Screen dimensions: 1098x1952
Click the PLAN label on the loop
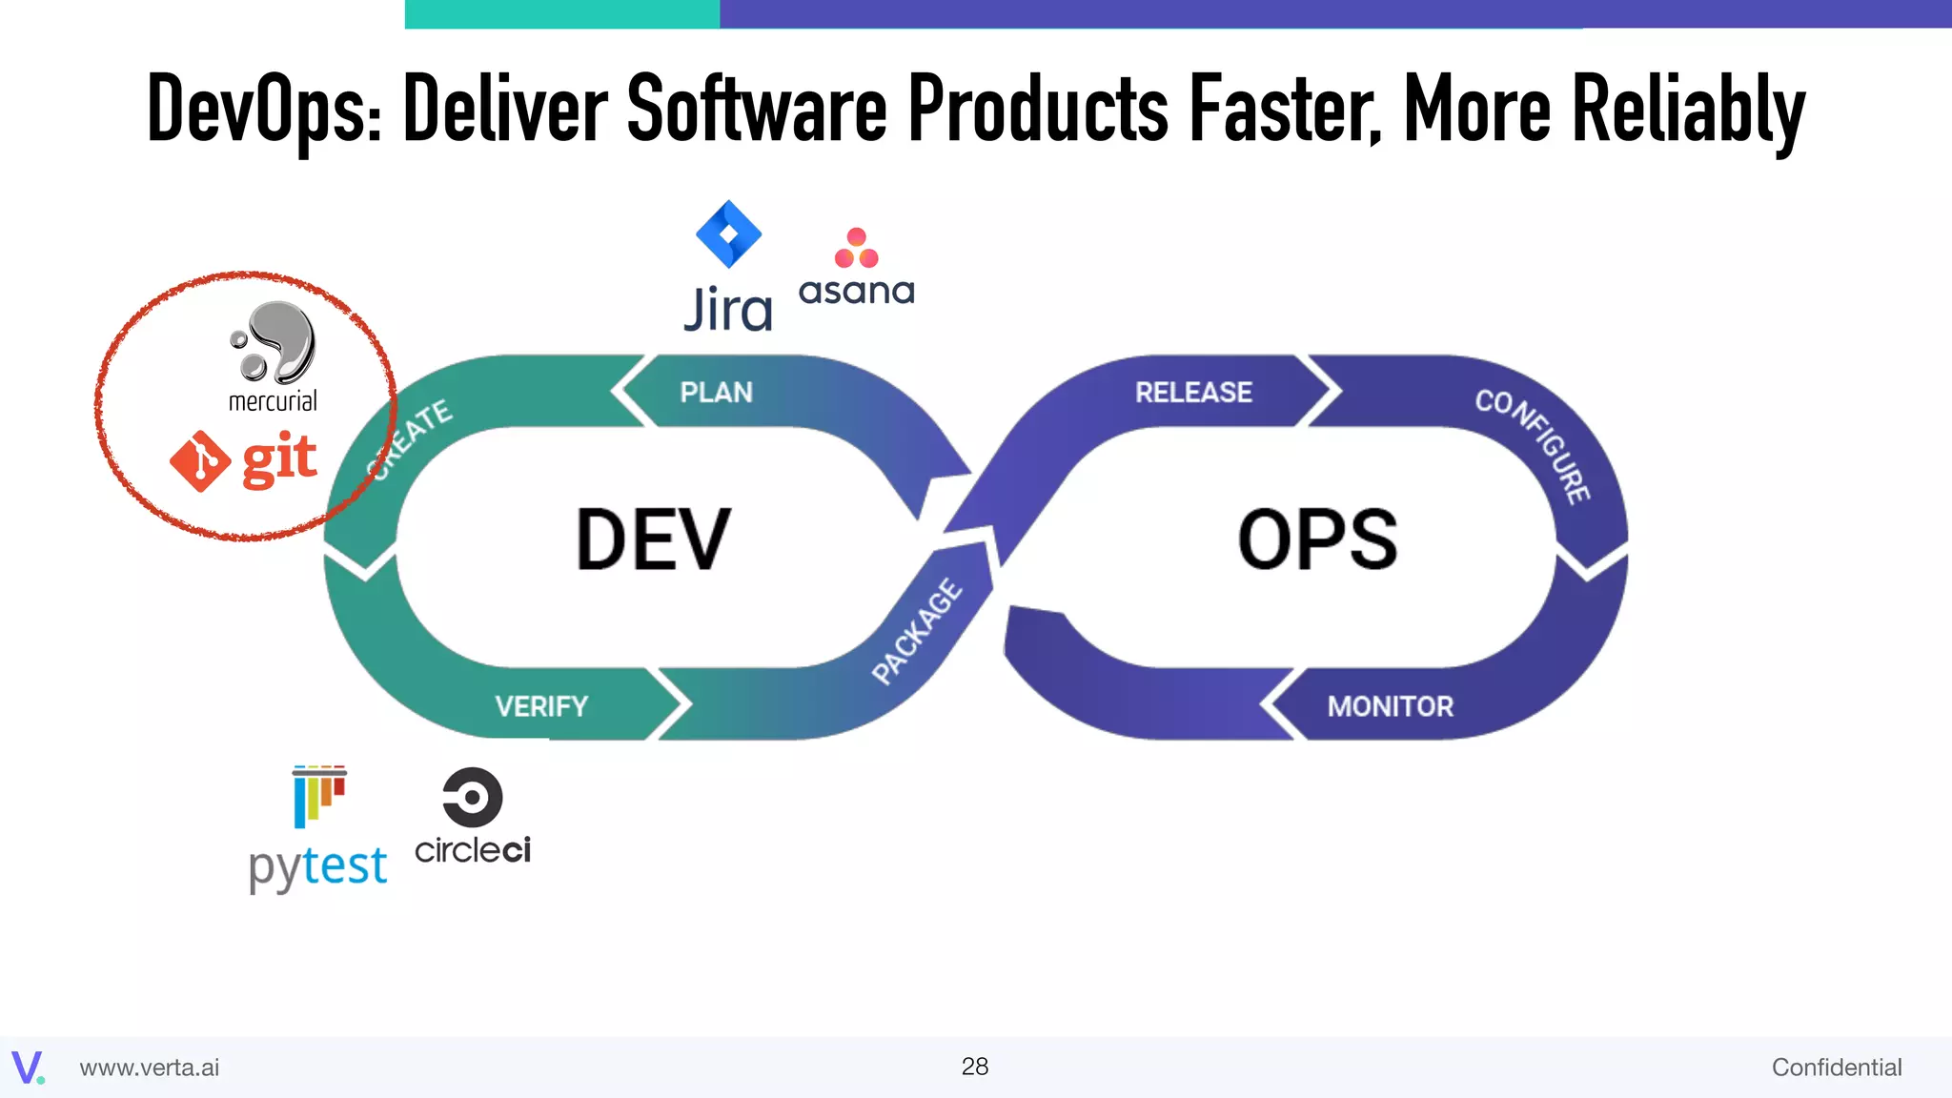point(716,392)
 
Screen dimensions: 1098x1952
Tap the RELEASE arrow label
point(1193,392)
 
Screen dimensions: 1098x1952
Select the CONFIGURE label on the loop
point(1534,444)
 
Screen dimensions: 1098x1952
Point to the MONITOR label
point(1391,706)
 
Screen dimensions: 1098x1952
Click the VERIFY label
point(541,706)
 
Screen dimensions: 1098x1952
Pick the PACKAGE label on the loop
point(917,631)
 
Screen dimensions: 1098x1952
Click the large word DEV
point(653,540)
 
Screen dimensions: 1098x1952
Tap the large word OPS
point(1317,540)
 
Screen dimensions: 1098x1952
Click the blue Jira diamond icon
point(728,234)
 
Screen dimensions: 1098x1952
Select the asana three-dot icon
point(856,248)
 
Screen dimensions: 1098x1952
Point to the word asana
point(856,291)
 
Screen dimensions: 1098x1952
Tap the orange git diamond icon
point(200,461)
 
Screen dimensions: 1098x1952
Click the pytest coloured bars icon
point(319,796)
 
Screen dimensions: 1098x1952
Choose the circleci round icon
point(472,797)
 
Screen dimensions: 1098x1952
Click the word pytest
point(317,867)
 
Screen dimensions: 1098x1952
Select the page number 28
point(974,1067)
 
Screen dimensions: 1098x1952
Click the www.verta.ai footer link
point(150,1067)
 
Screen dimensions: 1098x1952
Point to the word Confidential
point(1836,1067)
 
